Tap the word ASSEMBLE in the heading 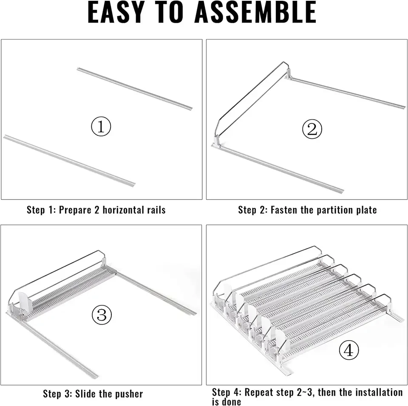tap(255, 12)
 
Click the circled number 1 tap(101, 127)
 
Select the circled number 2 tap(312, 129)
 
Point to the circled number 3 tap(102, 315)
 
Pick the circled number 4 tap(349, 350)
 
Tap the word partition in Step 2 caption tap(331, 210)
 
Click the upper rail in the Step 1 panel tap(135, 89)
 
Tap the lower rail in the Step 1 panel tap(69, 160)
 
